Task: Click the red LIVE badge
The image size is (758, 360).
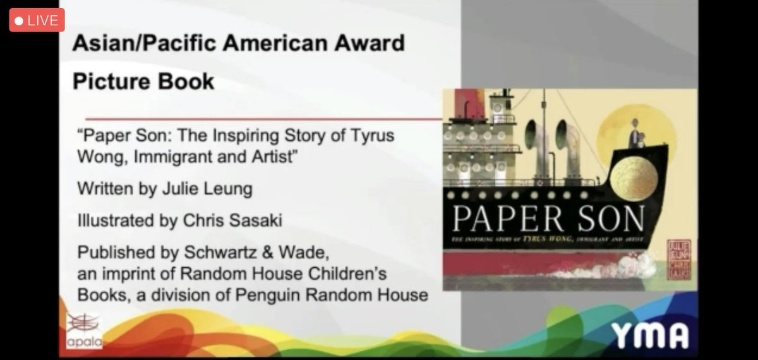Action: [37, 20]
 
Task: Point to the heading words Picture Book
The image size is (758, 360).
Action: [143, 81]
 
